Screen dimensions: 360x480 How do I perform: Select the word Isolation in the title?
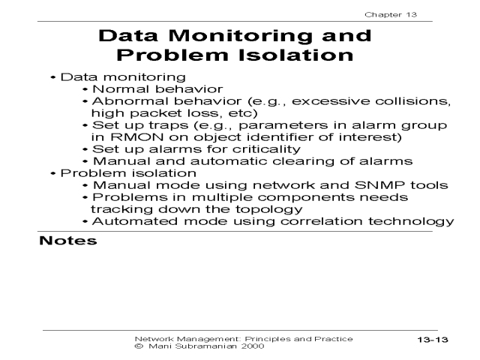click(299, 55)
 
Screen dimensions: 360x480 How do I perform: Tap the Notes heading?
click(68, 241)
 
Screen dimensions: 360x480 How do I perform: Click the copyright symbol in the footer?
click(137, 347)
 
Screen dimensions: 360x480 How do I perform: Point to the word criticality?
click(261, 149)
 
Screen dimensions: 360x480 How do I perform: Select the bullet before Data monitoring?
click(52, 77)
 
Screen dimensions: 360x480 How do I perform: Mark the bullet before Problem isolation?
click(52, 173)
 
